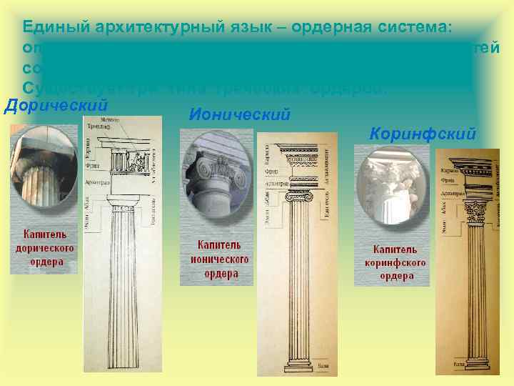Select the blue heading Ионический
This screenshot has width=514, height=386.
click(x=240, y=114)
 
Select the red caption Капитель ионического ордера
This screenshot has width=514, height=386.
click(x=218, y=259)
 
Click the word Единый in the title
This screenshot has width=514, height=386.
click(x=51, y=27)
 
